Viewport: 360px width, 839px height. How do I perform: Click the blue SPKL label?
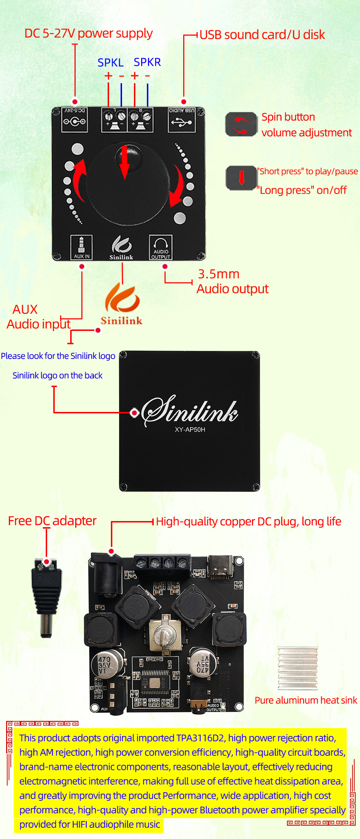111,63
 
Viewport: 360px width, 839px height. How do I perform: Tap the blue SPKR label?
147,62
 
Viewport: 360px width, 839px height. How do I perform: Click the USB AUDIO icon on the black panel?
182,120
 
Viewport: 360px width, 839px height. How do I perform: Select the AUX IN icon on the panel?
81,247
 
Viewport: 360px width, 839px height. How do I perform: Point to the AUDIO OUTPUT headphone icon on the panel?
161,247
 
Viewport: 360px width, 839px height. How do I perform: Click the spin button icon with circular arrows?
241,125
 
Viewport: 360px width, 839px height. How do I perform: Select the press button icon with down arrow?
241,178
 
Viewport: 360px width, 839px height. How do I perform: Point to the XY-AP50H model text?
190,430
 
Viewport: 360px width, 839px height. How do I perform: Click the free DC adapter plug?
46,598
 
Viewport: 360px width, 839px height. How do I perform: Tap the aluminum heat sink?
297,668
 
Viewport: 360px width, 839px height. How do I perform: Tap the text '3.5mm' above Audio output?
219,274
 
